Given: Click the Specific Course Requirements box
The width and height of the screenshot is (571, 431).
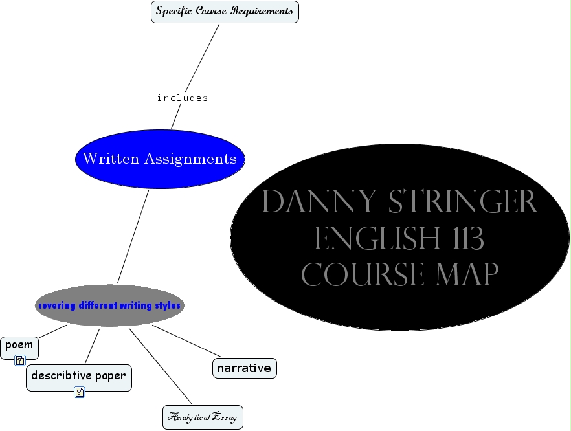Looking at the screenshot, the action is tap(225, 12).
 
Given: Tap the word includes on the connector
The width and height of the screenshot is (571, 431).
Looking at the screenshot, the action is tap(183, 98).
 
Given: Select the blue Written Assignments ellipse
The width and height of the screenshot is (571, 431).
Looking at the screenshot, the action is tap(160, 159).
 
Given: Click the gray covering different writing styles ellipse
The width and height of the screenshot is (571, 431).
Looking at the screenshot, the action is tap(109, 305).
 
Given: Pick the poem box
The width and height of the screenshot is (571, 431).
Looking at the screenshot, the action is tap(19, 346).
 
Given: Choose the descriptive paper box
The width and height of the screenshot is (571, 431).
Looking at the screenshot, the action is tap(78, 376).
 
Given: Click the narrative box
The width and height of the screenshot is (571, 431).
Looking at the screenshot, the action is tap(244, 368).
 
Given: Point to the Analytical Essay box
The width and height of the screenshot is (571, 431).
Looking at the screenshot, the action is tap(203, 417).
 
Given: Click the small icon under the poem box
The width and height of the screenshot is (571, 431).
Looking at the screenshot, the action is tap(20, 361).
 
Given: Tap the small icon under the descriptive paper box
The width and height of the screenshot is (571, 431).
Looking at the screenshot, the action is tap(80, 392).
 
